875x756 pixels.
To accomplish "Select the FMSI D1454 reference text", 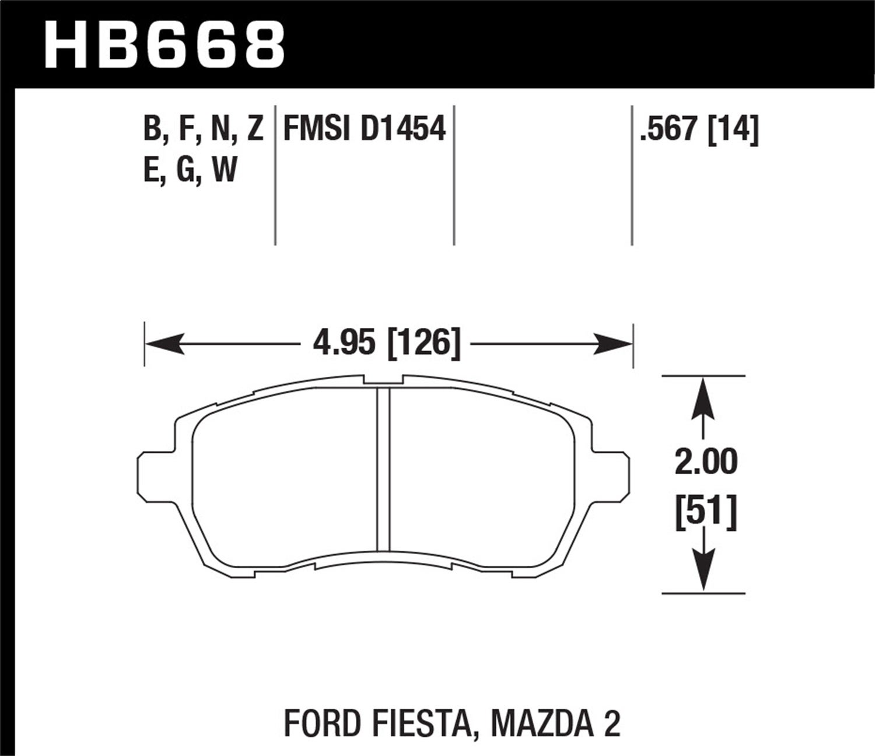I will (x=364, y=128).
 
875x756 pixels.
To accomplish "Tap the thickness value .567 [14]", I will (x=699, y=128).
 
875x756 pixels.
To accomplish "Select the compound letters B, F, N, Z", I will (x=204, y=128).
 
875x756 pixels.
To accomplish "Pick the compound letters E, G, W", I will (x=190, y=171).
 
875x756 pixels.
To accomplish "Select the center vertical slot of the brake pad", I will (x=383, y=470).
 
